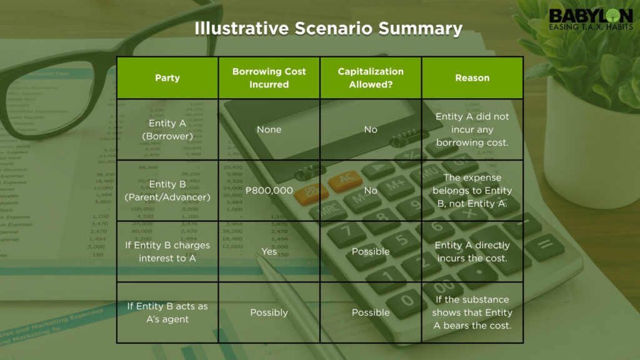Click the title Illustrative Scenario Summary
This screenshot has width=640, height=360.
328,29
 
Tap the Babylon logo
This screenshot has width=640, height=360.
591,19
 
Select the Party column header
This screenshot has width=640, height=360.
167,77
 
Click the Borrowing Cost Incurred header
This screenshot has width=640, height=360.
269,78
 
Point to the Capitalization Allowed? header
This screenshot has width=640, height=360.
371,78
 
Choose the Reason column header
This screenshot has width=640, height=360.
472,77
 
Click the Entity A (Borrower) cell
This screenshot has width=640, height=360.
167,129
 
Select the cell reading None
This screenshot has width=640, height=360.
269,129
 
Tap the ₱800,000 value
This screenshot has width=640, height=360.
269,191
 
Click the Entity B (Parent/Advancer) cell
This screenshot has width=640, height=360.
167,191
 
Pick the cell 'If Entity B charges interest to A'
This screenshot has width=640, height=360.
167,251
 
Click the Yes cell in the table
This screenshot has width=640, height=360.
269,251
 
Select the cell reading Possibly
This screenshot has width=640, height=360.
269,312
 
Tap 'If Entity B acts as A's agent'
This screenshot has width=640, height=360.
167,312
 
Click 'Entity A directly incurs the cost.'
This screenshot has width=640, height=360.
472,251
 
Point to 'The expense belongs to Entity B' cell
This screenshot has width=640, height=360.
472,191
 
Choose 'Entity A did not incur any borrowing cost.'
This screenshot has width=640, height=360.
472,129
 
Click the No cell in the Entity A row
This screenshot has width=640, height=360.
371,129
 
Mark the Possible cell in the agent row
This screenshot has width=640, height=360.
371,312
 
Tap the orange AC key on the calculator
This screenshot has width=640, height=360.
345,181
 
